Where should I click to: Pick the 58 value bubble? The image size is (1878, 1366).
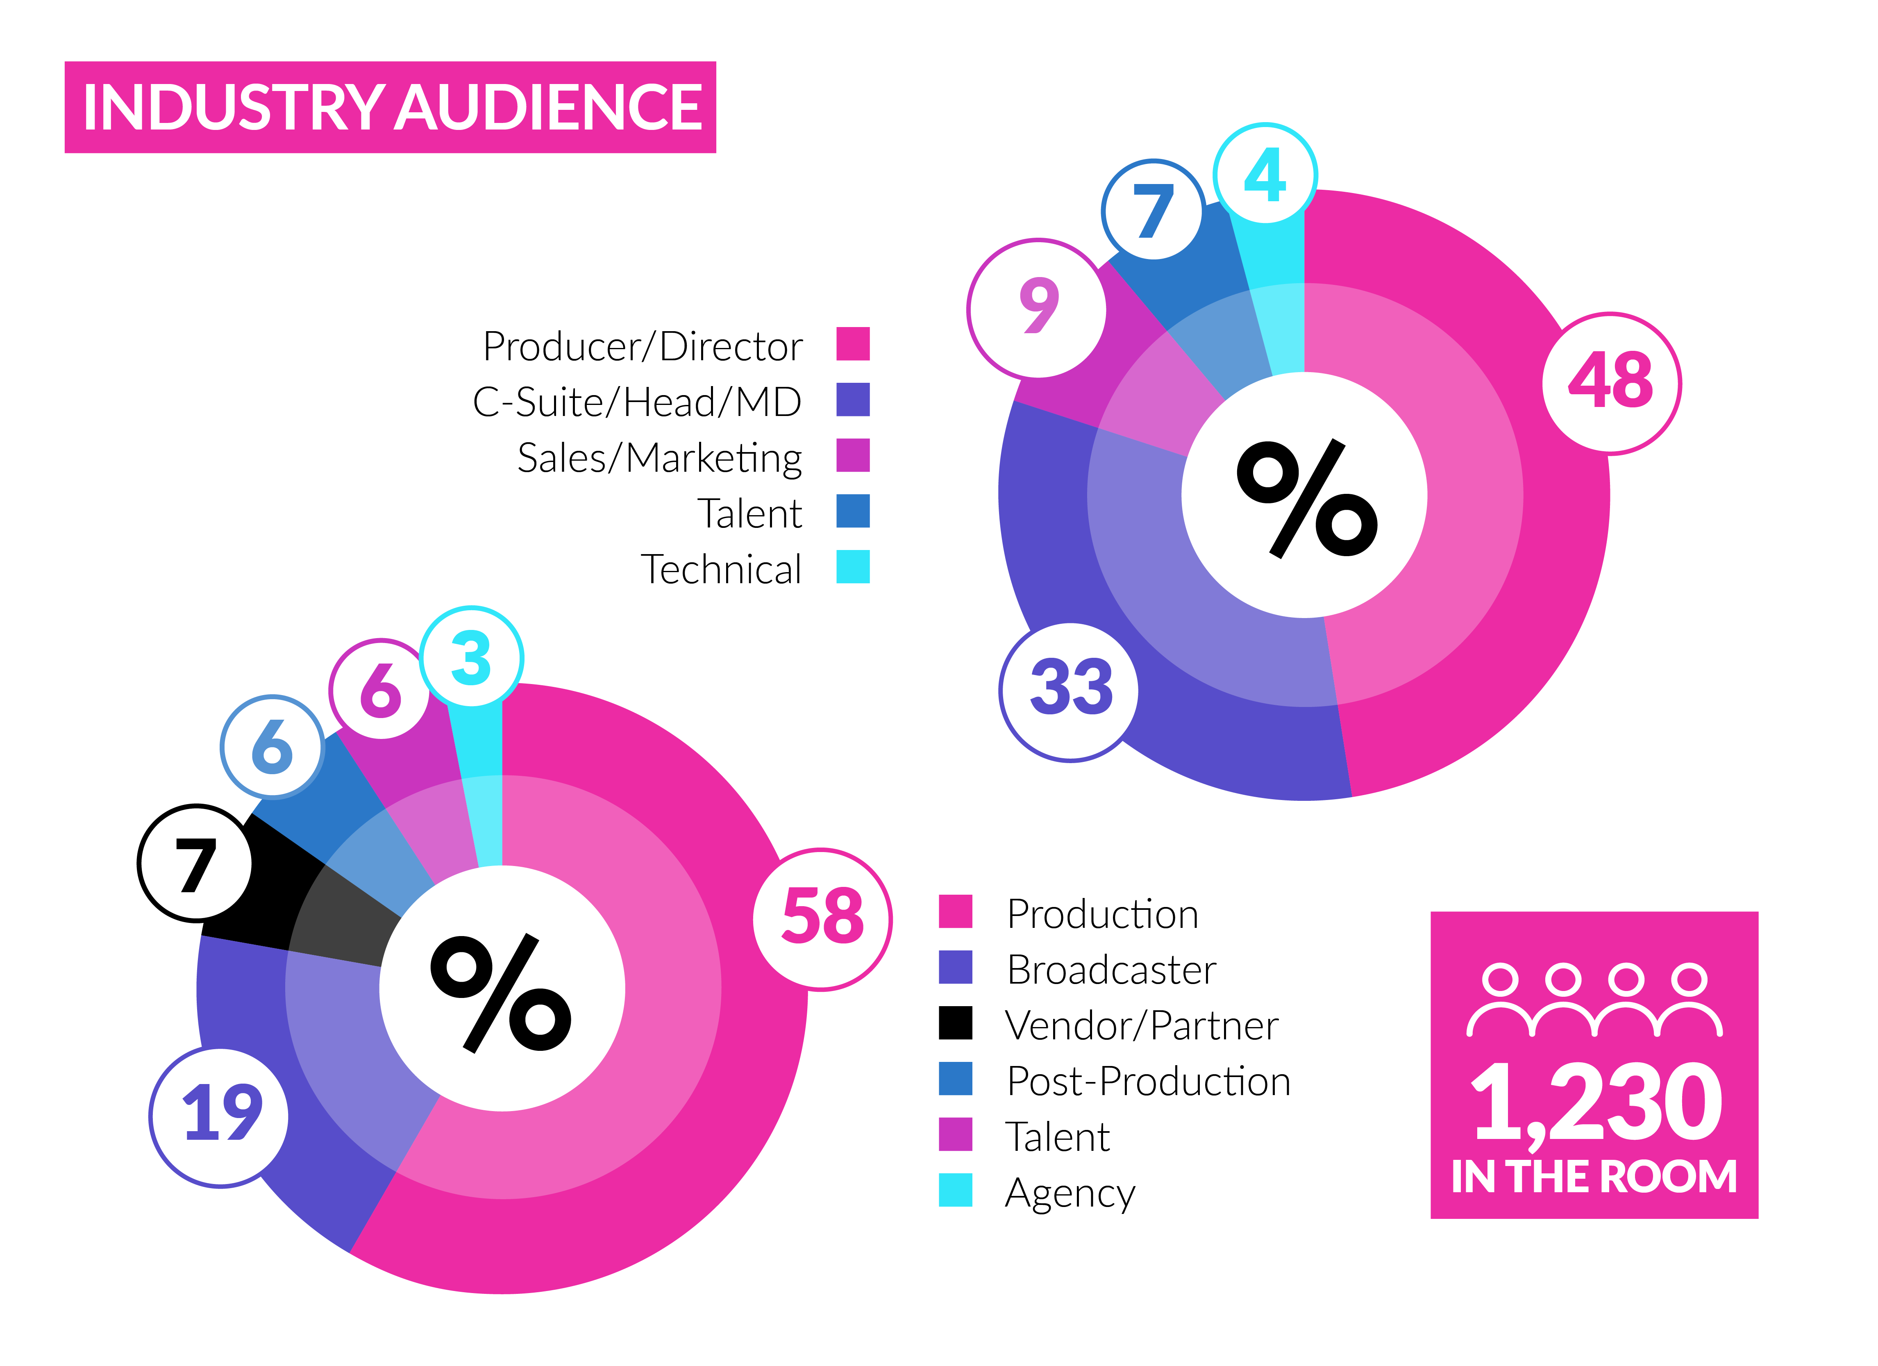click(822, 919)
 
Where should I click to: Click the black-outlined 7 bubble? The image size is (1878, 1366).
click(195, 863)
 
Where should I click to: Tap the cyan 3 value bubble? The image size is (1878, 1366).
click(471, 657)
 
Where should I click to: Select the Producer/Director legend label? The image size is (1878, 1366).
click(643, 346)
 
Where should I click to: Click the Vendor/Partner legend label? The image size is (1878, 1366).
click(1141, 1025)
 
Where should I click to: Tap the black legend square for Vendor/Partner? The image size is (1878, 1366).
click(955, 1023)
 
